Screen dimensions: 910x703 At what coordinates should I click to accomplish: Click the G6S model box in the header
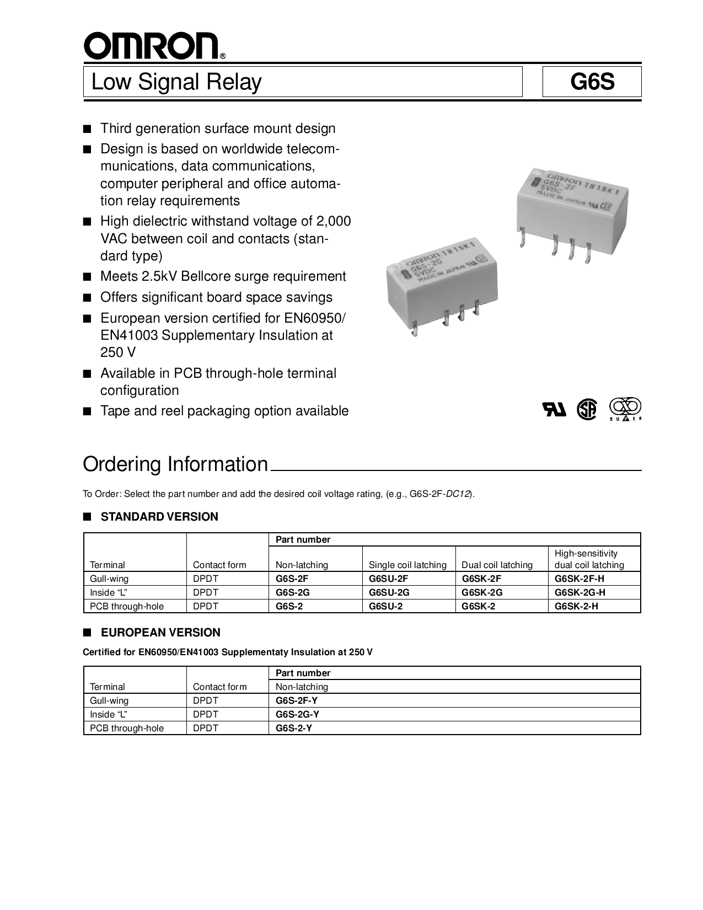coord(592,82)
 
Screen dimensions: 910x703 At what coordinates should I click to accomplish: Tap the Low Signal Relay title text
coord(176,82)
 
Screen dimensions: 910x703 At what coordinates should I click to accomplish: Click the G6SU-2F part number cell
coord(389,579)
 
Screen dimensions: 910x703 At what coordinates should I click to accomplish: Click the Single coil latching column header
coord(407,565)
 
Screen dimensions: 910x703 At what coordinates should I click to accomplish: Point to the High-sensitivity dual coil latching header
coord(589,559)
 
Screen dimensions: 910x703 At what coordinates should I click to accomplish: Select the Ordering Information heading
coord(175,464)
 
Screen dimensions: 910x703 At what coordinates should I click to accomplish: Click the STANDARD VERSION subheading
coord(159,517)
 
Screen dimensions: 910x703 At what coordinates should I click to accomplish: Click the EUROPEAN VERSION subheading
coord(160,633)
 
